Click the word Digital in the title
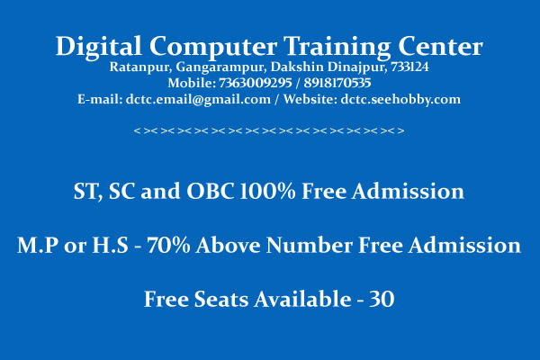98,47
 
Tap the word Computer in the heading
213,47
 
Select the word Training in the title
337,47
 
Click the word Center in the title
440,46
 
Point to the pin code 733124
409,67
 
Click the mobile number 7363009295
256,83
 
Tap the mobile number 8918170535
337,83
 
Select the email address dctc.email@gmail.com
198,100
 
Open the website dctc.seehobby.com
400,100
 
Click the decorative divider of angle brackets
269,130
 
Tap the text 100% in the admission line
267,191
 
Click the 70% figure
168,245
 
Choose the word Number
310,245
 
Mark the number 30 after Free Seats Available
382,299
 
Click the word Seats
221,299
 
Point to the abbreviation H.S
110,245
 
